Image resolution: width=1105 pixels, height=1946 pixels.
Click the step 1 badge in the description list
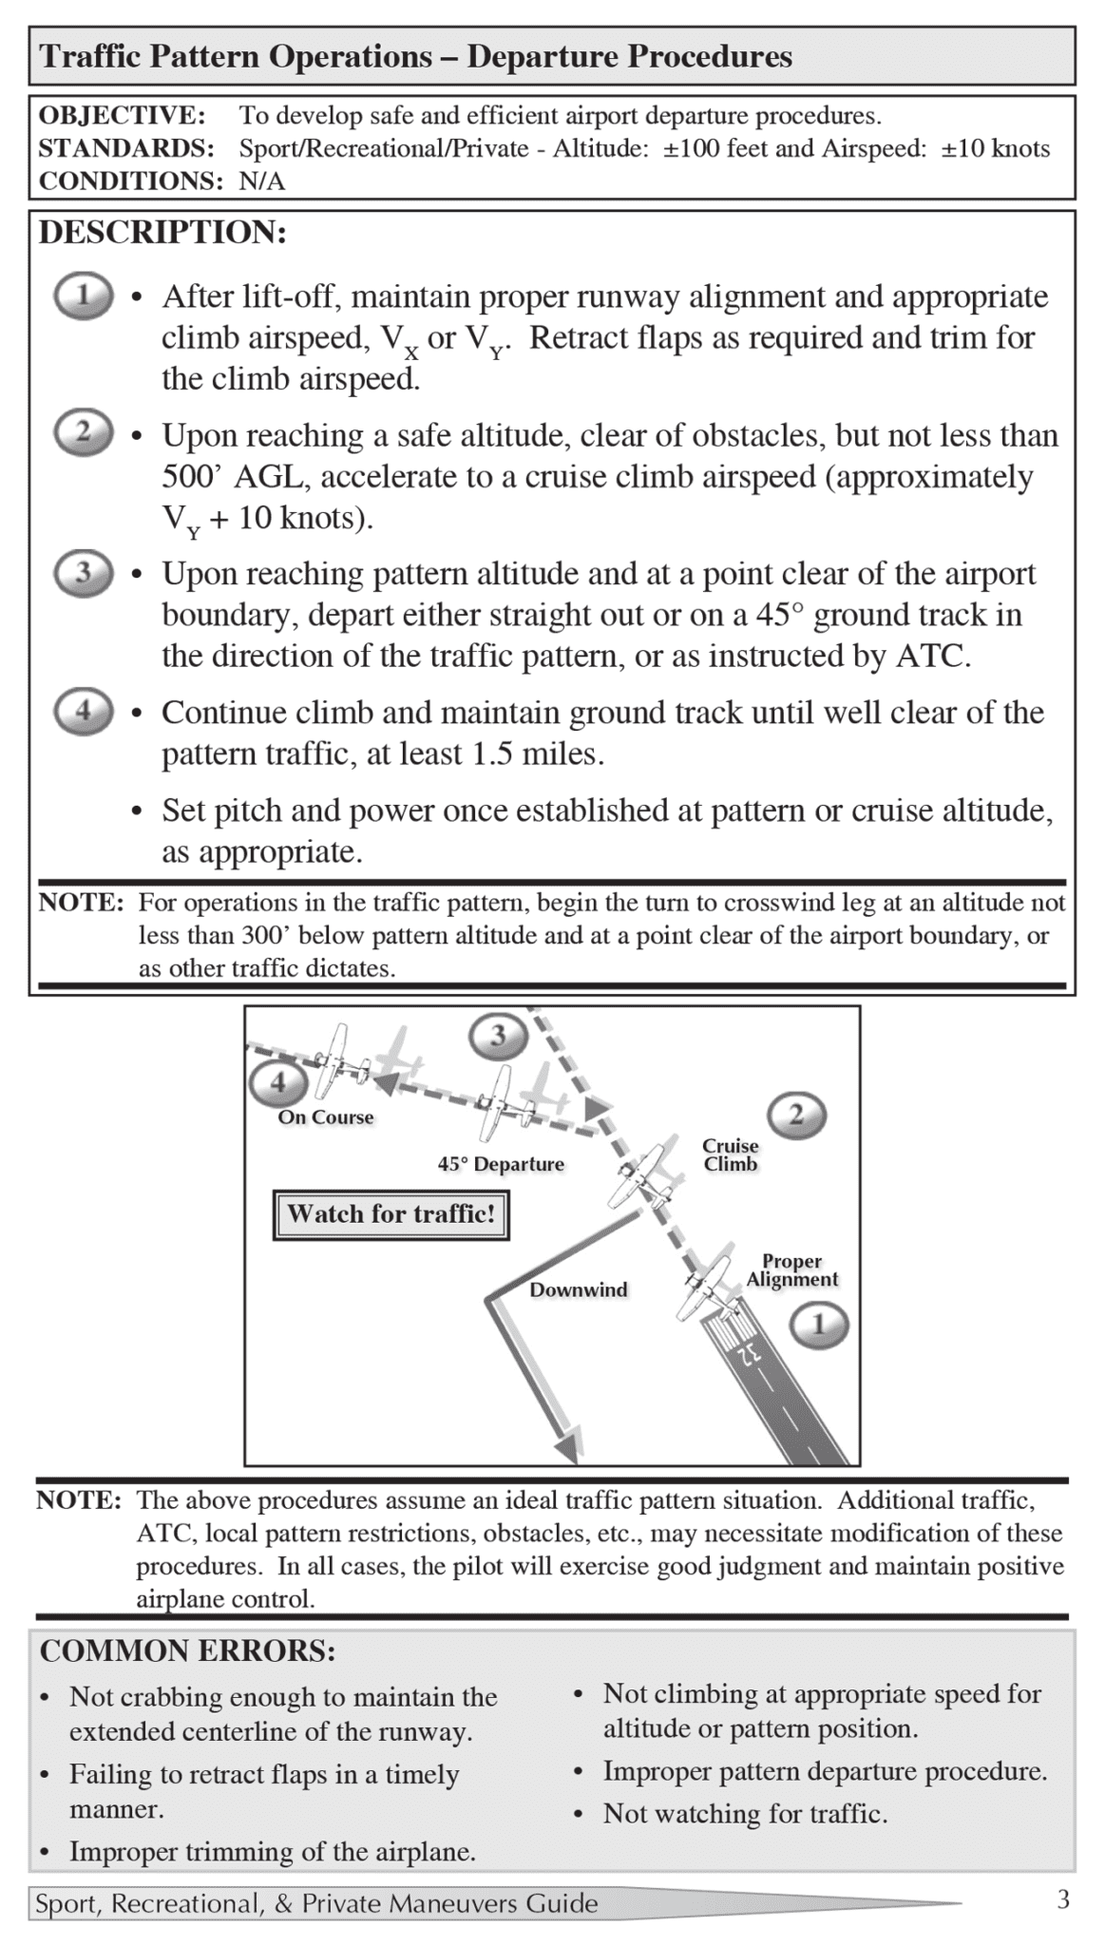tap(84, 296)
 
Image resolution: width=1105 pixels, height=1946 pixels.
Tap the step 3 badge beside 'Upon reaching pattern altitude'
tap(84, 573)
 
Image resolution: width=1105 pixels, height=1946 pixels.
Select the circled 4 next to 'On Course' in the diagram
tap(277, 1082)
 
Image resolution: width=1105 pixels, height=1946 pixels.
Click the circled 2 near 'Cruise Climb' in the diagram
tap(796, 1116)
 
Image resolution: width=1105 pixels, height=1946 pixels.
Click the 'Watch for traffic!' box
tap(391, 1214)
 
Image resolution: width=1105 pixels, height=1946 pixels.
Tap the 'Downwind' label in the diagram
tap(578, 1289)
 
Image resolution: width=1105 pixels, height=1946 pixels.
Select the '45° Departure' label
tap(501, 1164)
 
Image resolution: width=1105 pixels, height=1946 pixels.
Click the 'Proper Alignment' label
tap(791, 1270)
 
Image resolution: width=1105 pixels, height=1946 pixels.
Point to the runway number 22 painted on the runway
tap(749, 1354)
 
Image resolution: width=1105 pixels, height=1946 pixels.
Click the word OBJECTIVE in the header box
tap(122, 116)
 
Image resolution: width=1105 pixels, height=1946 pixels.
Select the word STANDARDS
tap(125, 148)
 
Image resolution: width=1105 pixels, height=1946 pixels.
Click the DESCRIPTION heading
tap(162, 233)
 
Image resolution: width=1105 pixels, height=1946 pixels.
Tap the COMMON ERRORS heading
tap(187, 1650)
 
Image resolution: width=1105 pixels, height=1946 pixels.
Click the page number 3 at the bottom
tap(1063, 1899)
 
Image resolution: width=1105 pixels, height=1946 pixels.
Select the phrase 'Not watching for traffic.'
tap(745, 1814)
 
